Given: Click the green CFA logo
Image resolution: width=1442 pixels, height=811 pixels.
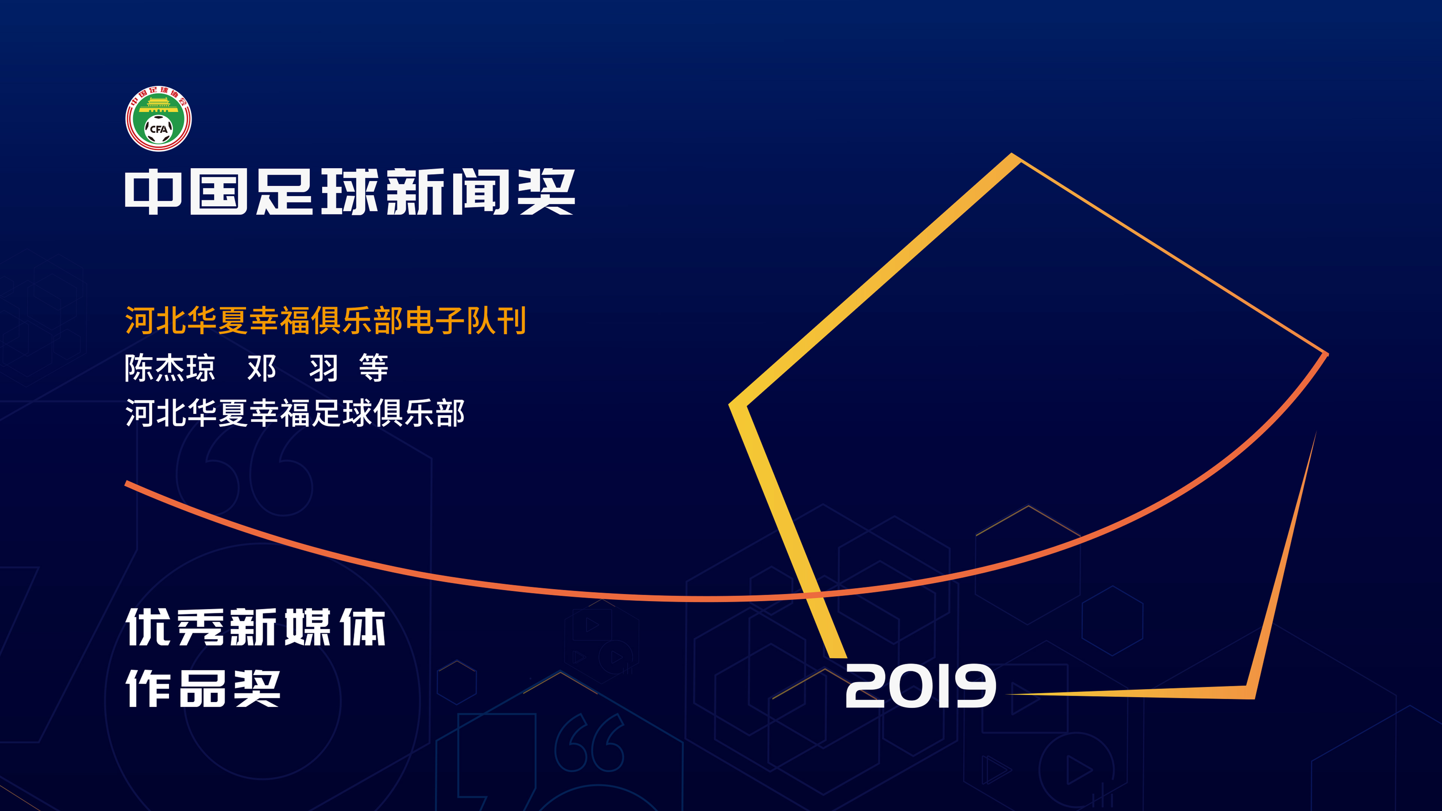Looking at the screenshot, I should (x=158, y=118).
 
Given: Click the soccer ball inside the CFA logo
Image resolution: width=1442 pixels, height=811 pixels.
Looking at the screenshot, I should (x=159, y=129).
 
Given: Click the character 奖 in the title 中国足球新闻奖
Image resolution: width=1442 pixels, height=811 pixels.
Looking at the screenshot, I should (x=546, y=192).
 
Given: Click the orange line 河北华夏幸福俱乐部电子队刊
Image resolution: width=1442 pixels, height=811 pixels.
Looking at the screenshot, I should (x=325, y=321).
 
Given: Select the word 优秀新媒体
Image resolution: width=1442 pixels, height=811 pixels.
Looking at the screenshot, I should (x=256, y=627).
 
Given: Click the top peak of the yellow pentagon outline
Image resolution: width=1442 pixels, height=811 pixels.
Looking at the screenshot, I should (x=1013, y=157).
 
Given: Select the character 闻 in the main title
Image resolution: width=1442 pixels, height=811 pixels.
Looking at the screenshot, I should (x=480, y=192).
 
